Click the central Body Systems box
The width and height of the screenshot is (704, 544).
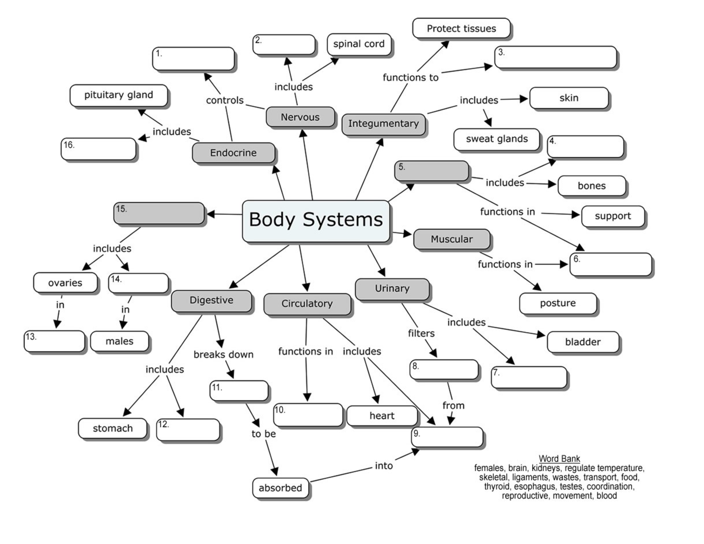(316, 221)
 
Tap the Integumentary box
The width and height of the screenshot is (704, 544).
(383, 124)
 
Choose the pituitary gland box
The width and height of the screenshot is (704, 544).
(119, 95)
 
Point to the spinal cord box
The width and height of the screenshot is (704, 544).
(359, 44)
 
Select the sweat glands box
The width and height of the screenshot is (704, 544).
(496, 139)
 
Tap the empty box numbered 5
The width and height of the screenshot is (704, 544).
(431, 171)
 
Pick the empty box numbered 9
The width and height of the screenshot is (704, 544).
(447, 437)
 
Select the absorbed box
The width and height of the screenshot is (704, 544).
(281, 488)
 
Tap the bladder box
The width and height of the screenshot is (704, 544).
(583, 342)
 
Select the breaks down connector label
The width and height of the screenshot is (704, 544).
(223, 355)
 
